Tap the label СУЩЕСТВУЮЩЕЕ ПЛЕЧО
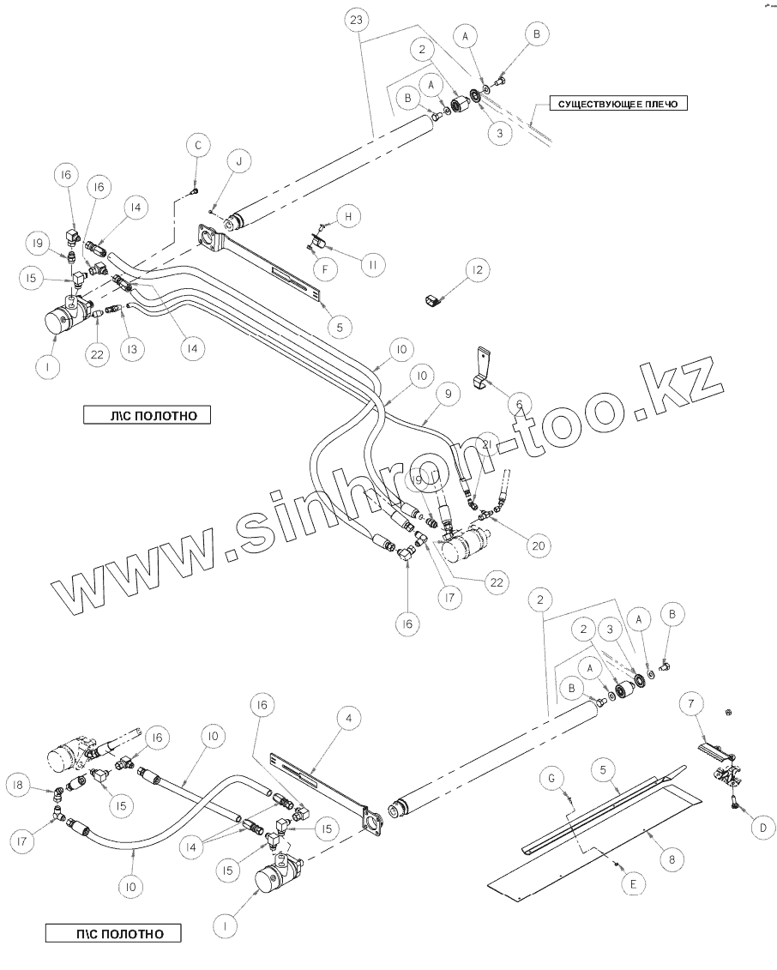(617, 104)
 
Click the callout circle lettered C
(197, 148)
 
